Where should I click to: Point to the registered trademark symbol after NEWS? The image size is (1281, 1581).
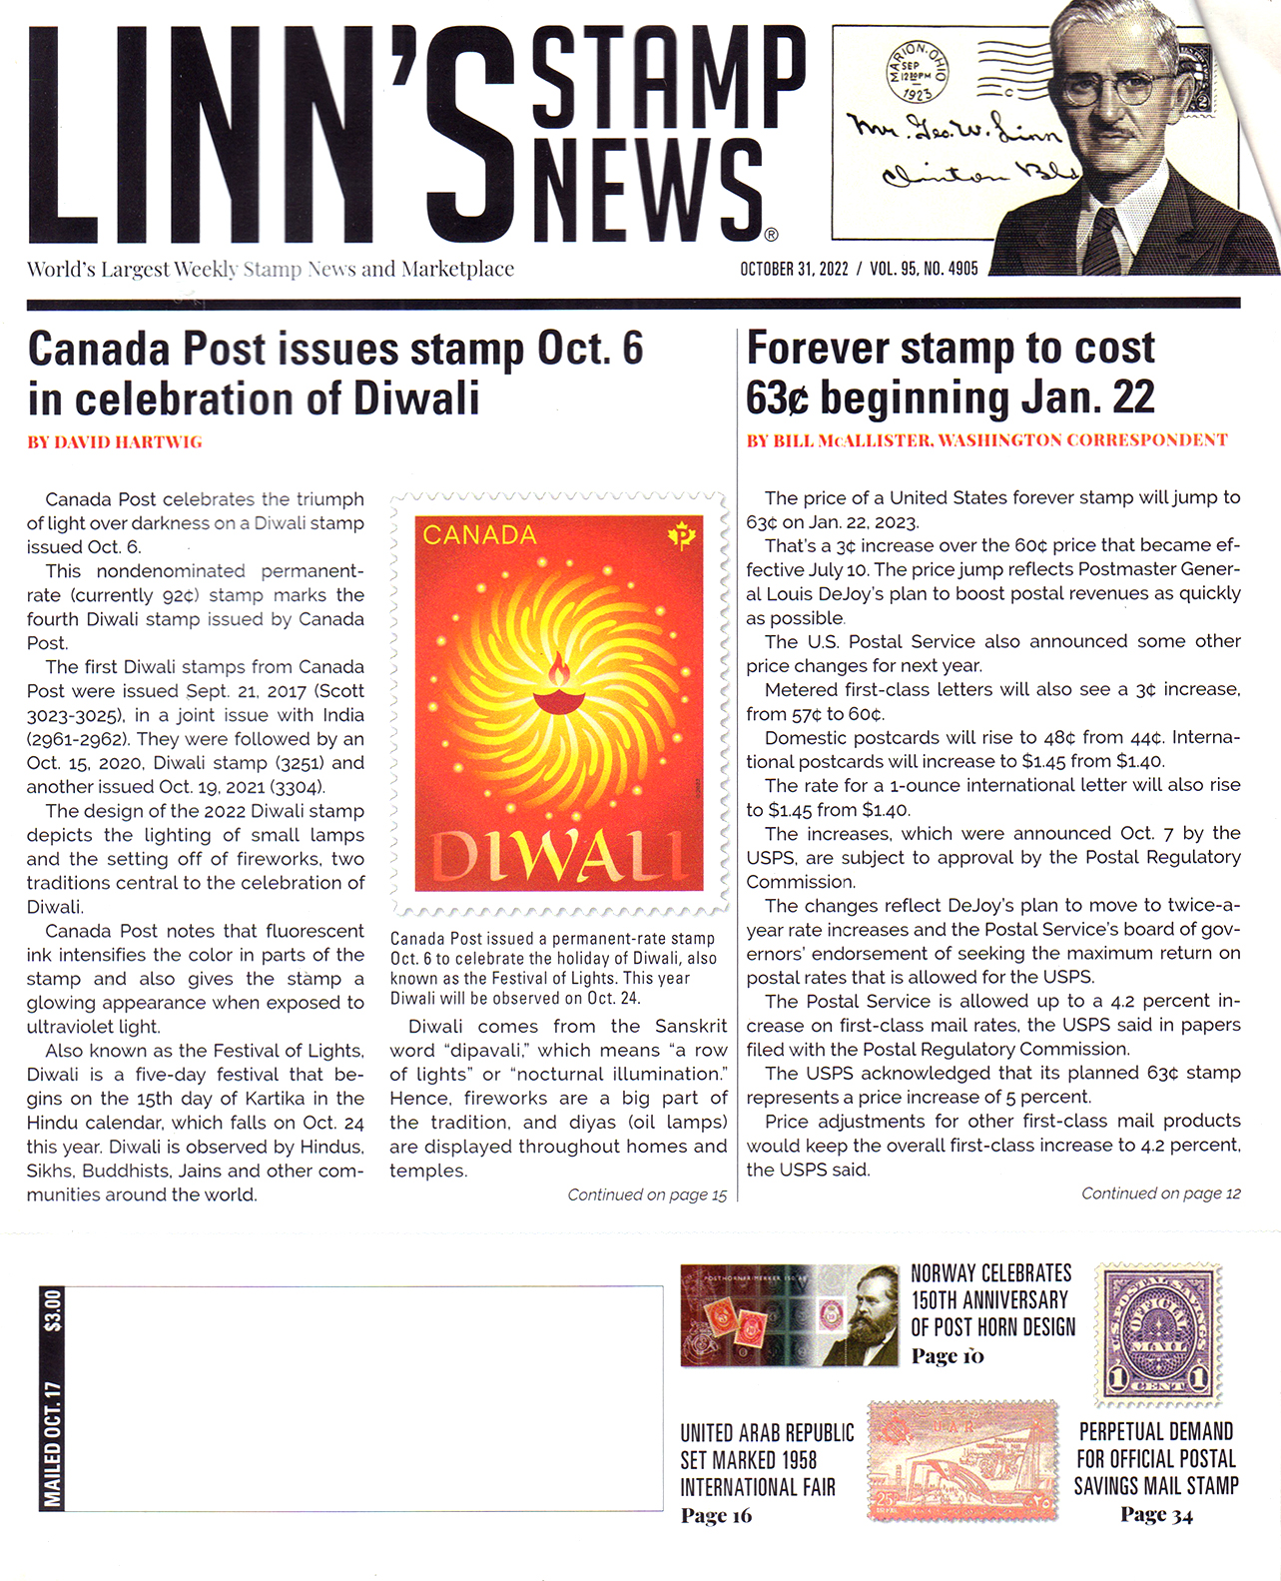point(770,236)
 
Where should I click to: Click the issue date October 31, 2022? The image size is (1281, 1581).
point(794,269)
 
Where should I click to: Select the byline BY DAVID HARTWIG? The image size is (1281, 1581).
point(115,442)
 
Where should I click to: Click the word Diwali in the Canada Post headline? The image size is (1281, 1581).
point(417,399)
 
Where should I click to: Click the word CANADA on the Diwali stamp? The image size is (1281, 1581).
point(479,535)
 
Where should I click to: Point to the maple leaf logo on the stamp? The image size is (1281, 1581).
point(682,536)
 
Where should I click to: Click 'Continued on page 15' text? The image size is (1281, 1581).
point(647,1194)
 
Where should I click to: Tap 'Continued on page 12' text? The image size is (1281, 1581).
point(1160,1192)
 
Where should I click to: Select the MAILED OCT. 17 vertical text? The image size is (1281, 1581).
point(52,1443)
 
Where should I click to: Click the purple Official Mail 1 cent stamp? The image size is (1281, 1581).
point(1158,1332)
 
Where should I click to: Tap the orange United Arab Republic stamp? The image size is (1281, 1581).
point(962,1459)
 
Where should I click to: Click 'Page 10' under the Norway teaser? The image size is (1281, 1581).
point(948,1356)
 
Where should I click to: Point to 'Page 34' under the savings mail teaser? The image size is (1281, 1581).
point(1156,1515)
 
